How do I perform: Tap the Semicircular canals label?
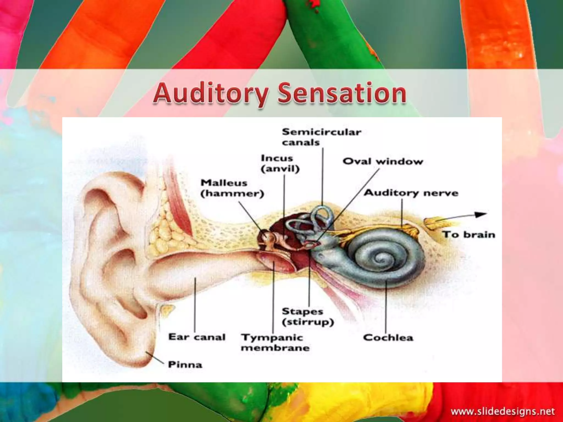pos(321,137)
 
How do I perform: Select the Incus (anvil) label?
pos(280,163)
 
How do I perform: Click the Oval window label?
pos(383,161)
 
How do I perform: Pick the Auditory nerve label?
pos(411,193)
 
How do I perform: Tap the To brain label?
pos(468,235)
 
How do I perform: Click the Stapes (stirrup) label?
pos(308,316)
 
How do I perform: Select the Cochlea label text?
pos(388,337)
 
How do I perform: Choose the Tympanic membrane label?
pos(275,343)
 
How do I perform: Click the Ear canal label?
pos(197,337)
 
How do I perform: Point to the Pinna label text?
pos(185,365)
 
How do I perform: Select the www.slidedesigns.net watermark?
pos(503,411)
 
